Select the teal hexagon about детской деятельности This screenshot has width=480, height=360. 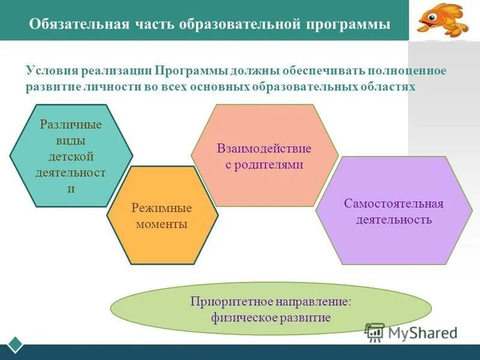point(71,156)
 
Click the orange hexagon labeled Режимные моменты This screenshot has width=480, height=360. point(162,215)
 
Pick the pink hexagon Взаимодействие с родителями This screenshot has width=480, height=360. point(265,156)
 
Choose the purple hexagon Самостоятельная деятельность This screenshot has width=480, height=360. point(394,211)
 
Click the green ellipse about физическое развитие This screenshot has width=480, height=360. point(271,309)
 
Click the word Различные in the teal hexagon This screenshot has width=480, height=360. point(71,125)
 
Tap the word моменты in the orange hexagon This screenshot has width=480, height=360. point(162,224)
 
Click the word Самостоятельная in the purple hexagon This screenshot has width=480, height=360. point(394,203)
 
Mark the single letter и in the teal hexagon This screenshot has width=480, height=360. point(71,188)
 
